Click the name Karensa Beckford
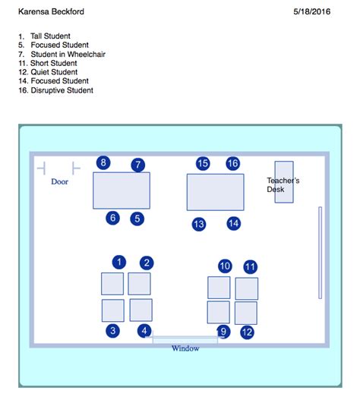pos(52,12)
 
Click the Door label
pos(59,181)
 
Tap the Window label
pos(185,348)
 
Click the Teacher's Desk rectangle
pos(284,181)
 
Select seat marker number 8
pos(103,162)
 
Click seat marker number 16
pos(233,163)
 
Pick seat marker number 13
pos(199,224)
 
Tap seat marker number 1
pos(118,262)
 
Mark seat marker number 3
pos(112,331)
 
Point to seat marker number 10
pos(225,266)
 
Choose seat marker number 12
pos(247,332)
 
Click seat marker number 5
pos(137,219)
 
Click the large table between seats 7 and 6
pos(122,190)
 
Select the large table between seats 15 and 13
pos(216,192)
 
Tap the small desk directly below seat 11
pos(247,288)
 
